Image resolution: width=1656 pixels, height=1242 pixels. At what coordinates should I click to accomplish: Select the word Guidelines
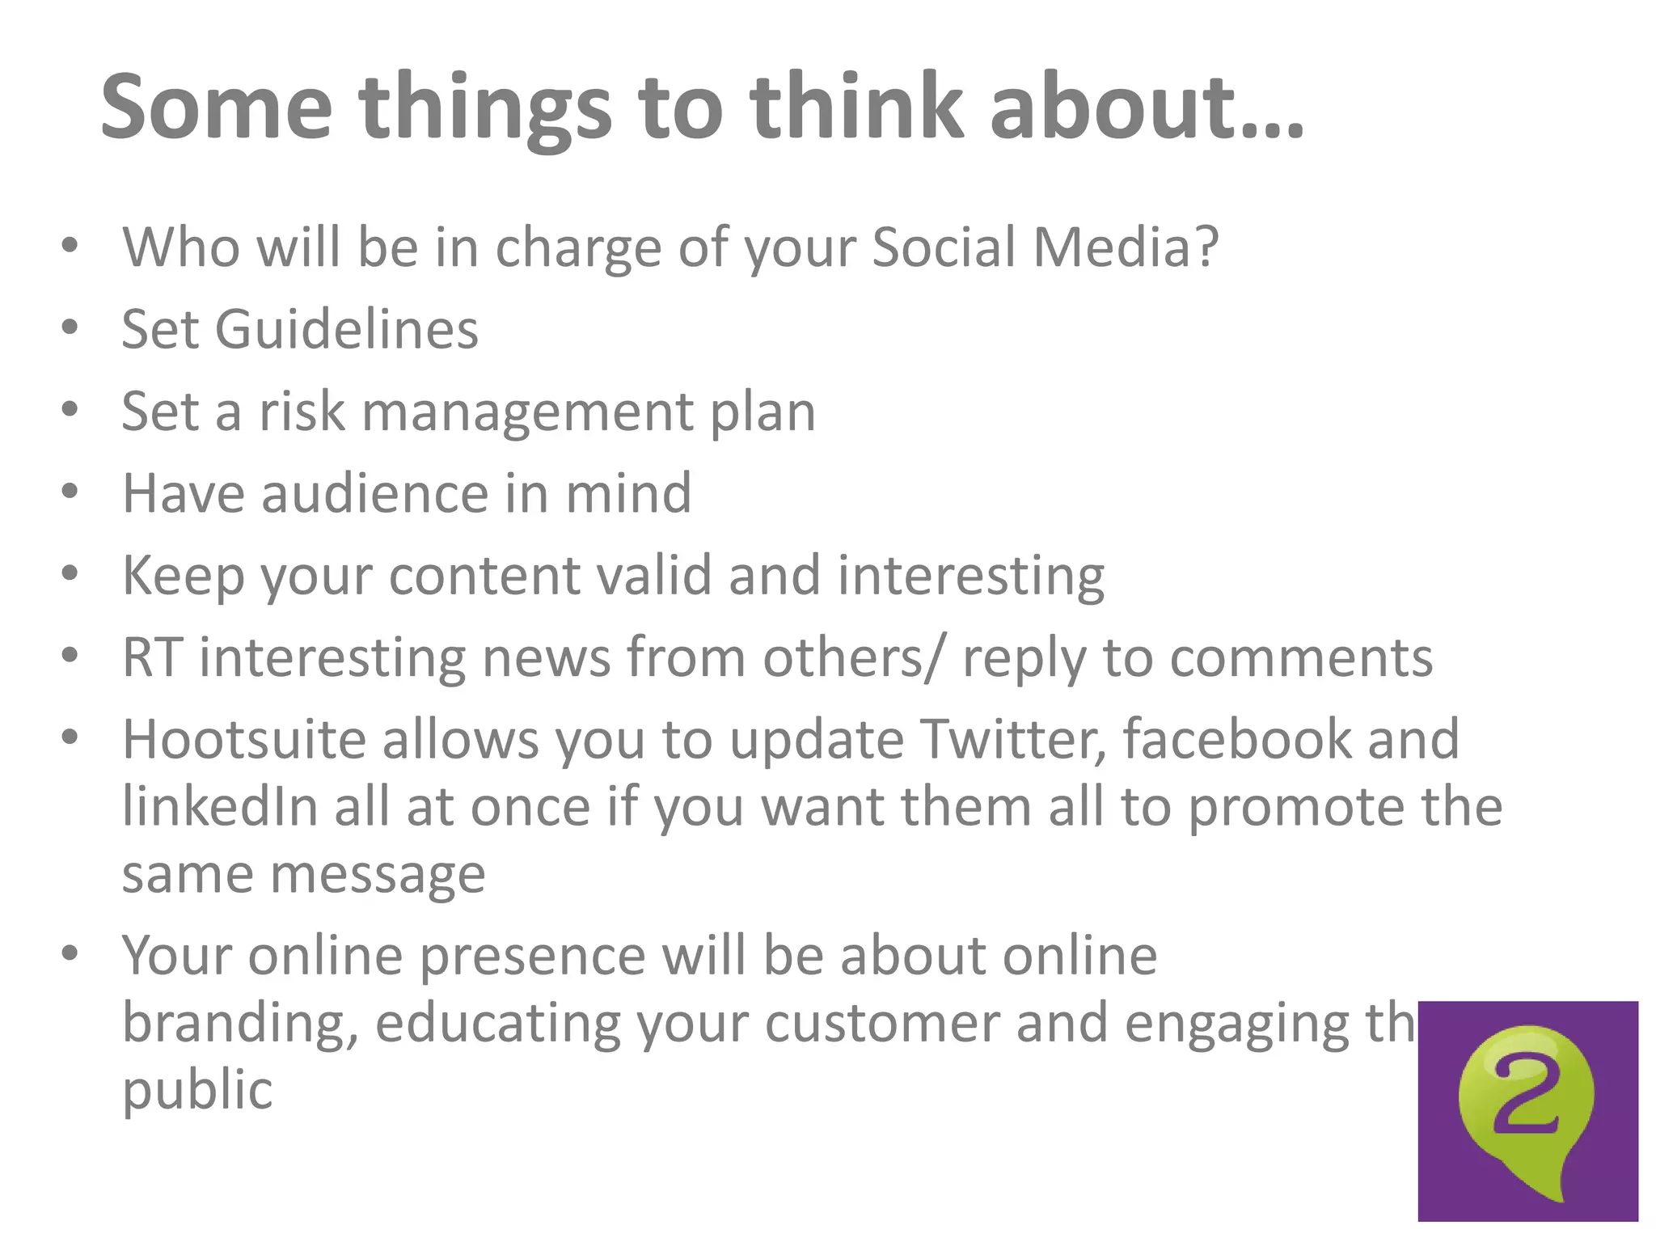click(346, 329)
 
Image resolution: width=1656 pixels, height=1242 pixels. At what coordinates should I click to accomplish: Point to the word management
click(527, 412)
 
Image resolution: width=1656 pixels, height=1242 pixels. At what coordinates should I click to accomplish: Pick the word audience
click(374, 493)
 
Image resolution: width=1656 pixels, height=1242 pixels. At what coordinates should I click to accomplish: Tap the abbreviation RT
click(151, 657)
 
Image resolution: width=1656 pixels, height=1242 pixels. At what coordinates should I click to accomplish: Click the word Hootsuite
click(244, 739)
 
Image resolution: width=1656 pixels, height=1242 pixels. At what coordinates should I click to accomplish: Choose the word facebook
click(1236, 739)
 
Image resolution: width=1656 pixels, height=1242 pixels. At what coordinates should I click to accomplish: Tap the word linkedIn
click(220, 807)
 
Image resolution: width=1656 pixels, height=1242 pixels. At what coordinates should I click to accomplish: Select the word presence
click(533, 957)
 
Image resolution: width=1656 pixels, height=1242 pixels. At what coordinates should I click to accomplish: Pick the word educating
click(498, 1024)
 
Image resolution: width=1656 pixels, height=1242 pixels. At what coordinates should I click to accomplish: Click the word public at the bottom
click(197, 1091)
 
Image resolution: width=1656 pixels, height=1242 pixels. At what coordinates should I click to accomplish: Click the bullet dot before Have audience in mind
click(70, 492)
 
